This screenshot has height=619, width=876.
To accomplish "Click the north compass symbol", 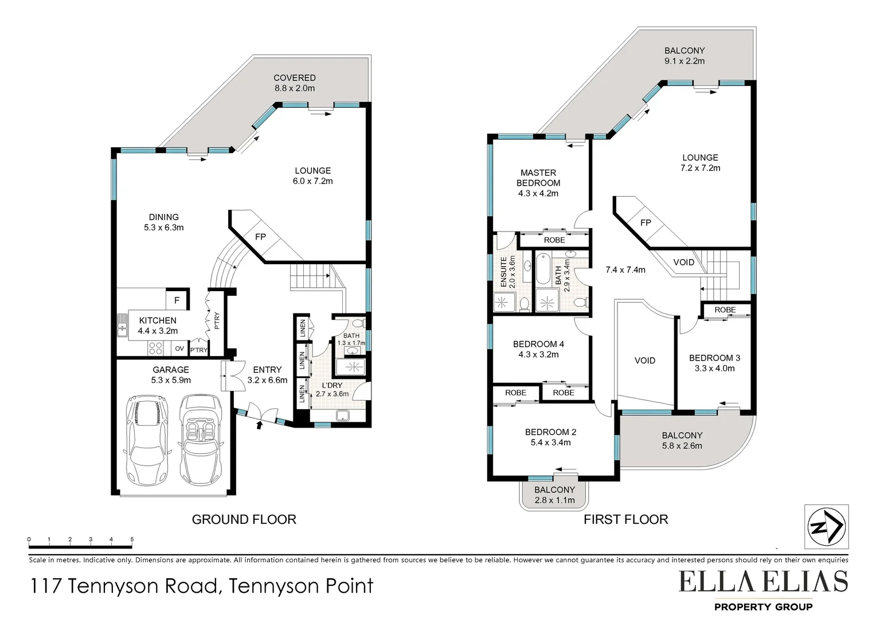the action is (826, 527).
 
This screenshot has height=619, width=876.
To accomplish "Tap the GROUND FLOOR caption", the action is (244, 520).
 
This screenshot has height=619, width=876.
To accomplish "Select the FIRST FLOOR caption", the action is (625, 520).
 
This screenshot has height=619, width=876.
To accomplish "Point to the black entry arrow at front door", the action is (259, 425).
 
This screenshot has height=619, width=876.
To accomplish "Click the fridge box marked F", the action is (177, 300).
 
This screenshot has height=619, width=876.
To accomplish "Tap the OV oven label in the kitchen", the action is (179, 348).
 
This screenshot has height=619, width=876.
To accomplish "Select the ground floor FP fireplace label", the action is (260, 236).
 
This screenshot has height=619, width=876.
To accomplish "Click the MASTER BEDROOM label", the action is (538, 178).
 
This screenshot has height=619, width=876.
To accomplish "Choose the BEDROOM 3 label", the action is (714, 358).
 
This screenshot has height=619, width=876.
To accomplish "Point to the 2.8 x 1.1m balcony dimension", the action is (554, 500).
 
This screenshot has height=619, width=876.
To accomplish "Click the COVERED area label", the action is (295, 78).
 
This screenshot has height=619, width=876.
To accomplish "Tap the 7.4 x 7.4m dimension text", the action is (625, 269).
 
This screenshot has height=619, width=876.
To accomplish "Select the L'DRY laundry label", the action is (331, 385).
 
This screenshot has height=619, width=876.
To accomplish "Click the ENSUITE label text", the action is (504, 272).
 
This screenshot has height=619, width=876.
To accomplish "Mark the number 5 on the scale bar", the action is (132, 539).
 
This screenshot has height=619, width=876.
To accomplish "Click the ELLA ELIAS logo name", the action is (763, 582).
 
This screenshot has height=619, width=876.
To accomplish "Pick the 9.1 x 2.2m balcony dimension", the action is (685, 61).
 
